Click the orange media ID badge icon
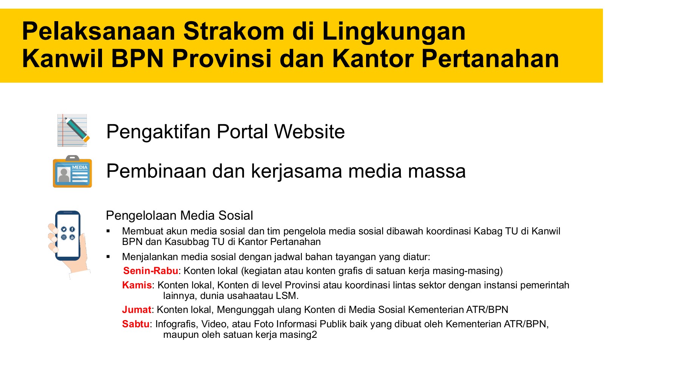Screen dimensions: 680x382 pyautogui.click(x=72, y=171)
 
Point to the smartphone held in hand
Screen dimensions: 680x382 pyautogui.click(x=68, y=236)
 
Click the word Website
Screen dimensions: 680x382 pyautogui.click(x=309, y=131)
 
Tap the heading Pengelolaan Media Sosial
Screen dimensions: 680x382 pyautogui.click(x=179, y=215)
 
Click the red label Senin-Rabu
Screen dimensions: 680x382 pyautogui.click(x=151, y=271)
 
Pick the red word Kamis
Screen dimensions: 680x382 pyautogui.click(x=137, y=285)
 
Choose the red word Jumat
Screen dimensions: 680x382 pyautogui.click(x=137, y=310)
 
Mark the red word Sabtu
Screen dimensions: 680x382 pyautogui.click(x=136, y=324)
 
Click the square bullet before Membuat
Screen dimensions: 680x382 pyautogui.click(x=108, y=231)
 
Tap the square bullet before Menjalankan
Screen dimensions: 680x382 pyautogui.click(x=108, y=257)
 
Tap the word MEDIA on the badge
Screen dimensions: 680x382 pyautogui.click(x=80, y=167)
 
